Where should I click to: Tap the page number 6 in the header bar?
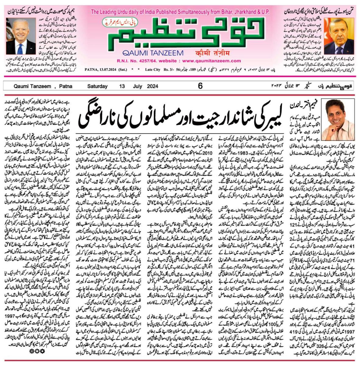click(x=200, y=86)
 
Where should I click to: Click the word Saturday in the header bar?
click(x=97, y=86)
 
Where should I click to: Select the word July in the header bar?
click(x=137, y=86)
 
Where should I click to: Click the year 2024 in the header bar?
click(x=152, y=86)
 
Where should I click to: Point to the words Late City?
click(x=153, y=70)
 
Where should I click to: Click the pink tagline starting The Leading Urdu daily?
click(x=180, y=12)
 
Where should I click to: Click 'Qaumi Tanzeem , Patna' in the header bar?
click(x=43, y=86)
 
